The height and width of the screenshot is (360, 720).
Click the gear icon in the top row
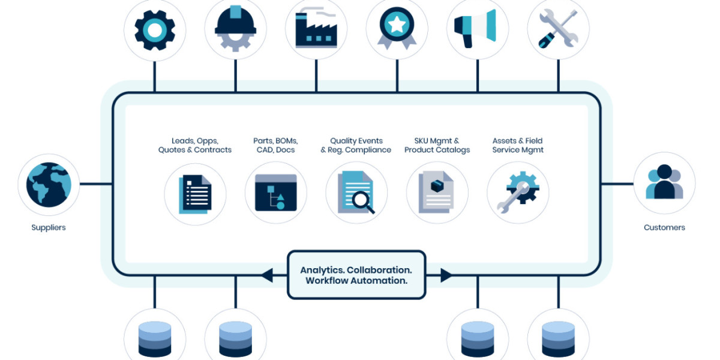pyautogui.click(x=155, y=29)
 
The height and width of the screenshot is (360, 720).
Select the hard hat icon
pyautogui.click(x=235, y=29)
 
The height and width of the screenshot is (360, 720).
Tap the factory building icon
pyautogui.click(x=316, y=29)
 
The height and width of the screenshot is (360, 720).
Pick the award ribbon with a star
pyautogui.click(x=397, y=29)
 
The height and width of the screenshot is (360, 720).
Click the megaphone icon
pyautogui.click(x=477, y=29)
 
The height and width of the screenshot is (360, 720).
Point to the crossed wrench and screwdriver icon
pyautogui.click(x=558, y=29)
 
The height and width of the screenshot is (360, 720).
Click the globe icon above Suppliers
pyautogui.click(x=49, y=184)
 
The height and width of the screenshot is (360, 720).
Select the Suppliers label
pyautogui.click(x=49, y=228)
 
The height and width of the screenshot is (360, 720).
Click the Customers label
pyautogui.click(x=664, y=228)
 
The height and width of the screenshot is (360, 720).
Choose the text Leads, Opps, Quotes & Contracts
pyautogui.click(x=194, y=145)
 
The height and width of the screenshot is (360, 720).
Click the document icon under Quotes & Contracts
pyautogui.click(x=195, y=194)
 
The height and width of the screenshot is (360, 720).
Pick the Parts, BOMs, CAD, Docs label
pyautogui.click(x=275, y=145)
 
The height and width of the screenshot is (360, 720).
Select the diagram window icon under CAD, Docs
pyautogui.click(x=275, y=193)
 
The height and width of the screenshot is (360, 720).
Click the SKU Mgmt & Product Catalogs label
pyautogui.click(x=437, y=145)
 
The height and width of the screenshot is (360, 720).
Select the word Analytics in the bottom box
pyautogui.click(x=322, y=271)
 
